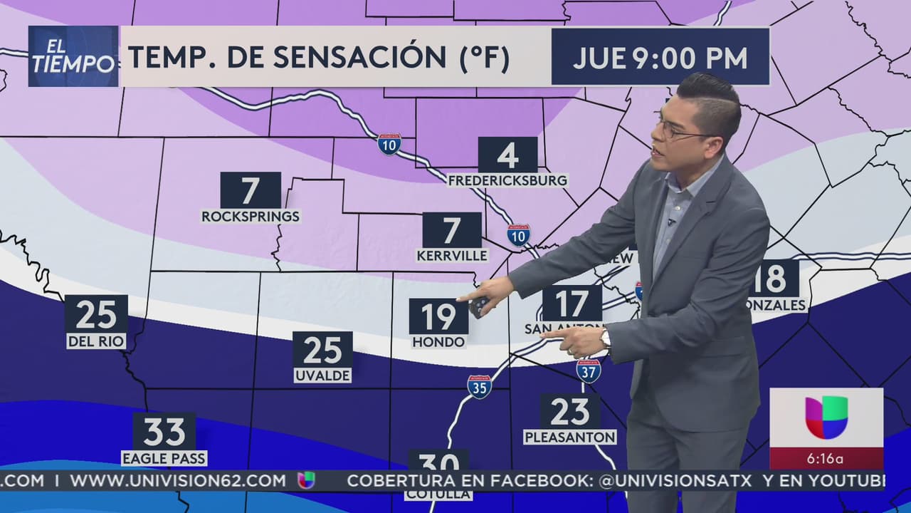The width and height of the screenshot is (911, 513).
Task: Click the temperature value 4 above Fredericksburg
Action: (507, 155)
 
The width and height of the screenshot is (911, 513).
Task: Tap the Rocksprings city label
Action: (251, 216)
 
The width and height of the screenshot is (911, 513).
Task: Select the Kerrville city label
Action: (452, 255)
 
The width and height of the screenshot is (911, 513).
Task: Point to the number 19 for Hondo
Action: (438, 316)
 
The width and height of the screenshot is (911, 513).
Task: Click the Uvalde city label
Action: (322, 375)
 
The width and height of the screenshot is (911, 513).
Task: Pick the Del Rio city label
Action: (96, 342)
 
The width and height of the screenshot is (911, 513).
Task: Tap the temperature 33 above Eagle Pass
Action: (164, 431)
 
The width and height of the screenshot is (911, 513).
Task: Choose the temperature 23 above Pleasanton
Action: (569, 411)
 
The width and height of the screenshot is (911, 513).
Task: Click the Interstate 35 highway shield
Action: (479, 386)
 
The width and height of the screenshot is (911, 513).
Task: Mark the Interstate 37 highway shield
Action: (588, 370)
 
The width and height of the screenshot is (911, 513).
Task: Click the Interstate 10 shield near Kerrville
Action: (518, 234)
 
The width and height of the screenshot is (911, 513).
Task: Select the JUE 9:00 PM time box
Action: (660, 58)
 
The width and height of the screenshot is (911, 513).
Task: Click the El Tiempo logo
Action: (73, 57)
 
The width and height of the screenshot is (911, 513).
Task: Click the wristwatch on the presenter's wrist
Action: (606, 339)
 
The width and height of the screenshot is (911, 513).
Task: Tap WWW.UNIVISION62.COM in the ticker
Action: (178, 481)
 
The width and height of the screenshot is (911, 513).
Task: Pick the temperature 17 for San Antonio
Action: (571, 304)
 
